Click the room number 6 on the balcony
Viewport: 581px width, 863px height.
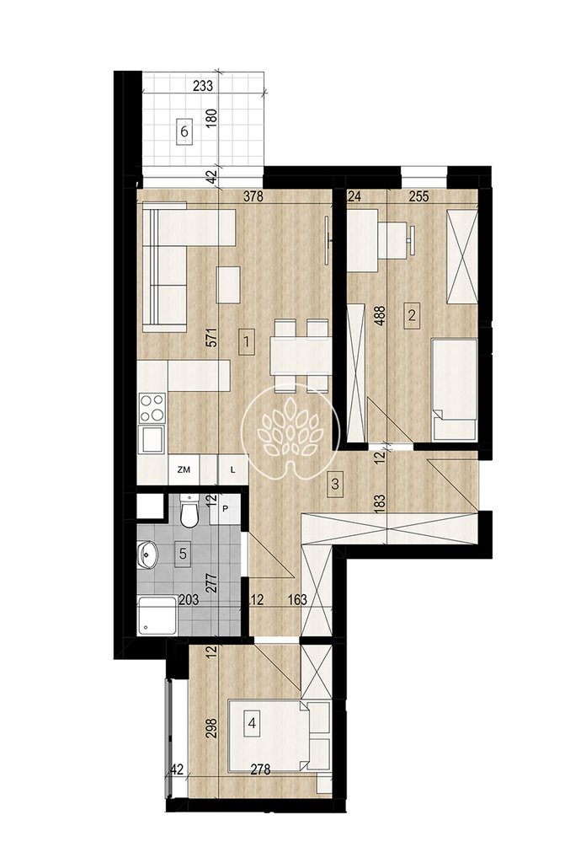click(x=184, y=132)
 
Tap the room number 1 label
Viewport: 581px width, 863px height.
click(x=247, y=342)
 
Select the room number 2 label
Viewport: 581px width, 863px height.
click(x=412, y=316)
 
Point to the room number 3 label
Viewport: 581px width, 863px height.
click(x=335, y=485)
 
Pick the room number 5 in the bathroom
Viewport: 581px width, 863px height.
click(x=183, y=553)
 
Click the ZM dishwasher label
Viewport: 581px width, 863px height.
click(x=184, y=469)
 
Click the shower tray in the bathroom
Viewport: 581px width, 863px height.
click(x=157, y=616)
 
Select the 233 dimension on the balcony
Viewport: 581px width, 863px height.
click(x=204, y=86)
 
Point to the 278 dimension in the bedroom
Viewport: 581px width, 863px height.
click(x=260, y=769)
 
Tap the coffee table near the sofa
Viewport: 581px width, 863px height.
click(x=228, y=285)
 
